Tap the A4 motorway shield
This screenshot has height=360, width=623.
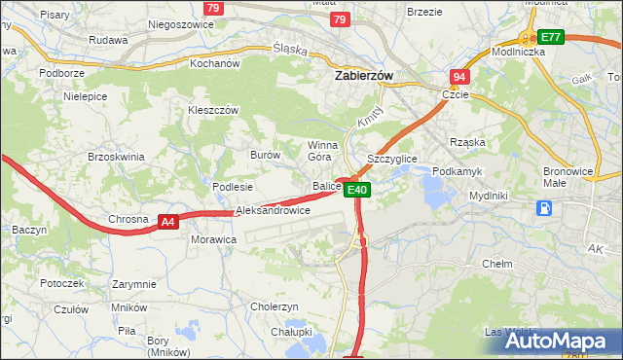click(x=168, y=222)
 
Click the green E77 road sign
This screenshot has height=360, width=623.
click(x=550, y=37)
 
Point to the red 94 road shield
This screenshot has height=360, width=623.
click(x=459, y=76)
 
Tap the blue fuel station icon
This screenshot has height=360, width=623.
click(x=545, y=207)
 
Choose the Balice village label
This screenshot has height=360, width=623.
click(x=325, y=186)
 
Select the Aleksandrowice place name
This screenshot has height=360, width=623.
click(x=273, y=210)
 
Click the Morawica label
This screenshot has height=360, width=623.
click(x=214, y=238)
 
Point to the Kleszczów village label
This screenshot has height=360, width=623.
click(x=213, y=111)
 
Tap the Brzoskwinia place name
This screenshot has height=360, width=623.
click(x=116, y=157)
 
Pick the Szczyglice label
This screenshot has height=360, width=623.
click(x=391, y=158)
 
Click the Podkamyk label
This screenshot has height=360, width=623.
click(x=457, y=171)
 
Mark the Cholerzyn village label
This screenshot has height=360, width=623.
click(x=275, y=306)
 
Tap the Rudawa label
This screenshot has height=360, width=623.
click(x=108, y=40)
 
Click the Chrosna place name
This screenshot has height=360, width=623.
click(x=128, y=219)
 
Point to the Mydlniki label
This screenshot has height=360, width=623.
click(x=489, y=196)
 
